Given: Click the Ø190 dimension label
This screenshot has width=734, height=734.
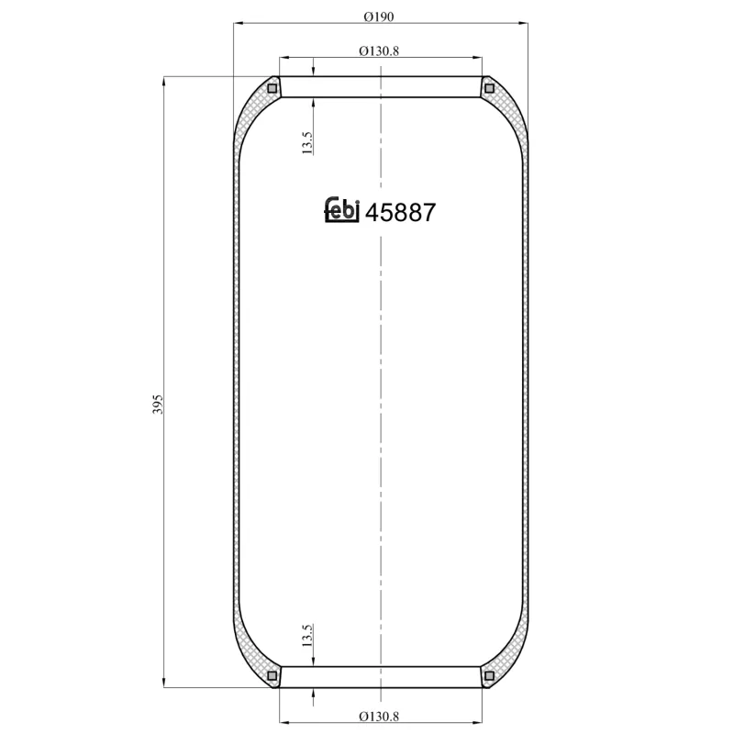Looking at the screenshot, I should tap(379, 15).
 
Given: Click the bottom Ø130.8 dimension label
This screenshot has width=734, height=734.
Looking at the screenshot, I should tap(379, 717).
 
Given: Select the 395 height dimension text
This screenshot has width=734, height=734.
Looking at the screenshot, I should tap(157, 405).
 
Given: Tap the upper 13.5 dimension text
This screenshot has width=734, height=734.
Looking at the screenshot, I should tap(307, 141).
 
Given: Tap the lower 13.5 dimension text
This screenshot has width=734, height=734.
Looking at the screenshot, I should tap(307, 635).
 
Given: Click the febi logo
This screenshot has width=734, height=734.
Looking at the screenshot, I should tap(343, 211).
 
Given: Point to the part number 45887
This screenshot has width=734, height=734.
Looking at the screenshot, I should tap(400, 212).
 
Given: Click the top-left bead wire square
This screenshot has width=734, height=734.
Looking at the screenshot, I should tap(272, 88).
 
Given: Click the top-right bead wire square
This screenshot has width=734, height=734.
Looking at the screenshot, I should tap(488, 88).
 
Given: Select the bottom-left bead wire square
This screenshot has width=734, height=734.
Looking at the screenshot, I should tap(272, 676).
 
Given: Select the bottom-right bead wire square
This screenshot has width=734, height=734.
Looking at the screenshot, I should tap(488, 676).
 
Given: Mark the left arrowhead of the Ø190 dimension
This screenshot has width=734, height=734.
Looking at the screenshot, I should tap(239, 24).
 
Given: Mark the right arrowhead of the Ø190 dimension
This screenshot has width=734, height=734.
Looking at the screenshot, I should tap(525, 24).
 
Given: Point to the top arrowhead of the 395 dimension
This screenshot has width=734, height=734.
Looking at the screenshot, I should tap(165, 82).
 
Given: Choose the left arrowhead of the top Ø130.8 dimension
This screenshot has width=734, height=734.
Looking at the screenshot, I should tap(283, 59).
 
